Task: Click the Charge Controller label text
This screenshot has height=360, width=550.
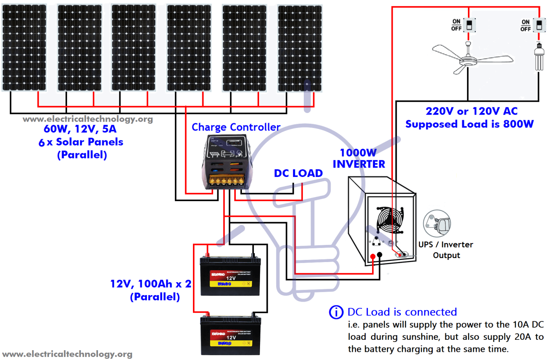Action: [236, 127]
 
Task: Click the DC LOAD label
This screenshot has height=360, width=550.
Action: [298, 174]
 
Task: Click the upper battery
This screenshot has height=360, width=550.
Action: [231, 276]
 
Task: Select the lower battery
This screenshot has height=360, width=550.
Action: [231, 336]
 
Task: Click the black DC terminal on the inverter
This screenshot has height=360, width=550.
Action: [380, 256]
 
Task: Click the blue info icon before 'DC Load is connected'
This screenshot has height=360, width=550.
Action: [336, 312]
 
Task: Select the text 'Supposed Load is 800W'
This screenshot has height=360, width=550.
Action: [469, 124]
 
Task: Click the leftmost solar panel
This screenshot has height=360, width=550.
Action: [24, 47]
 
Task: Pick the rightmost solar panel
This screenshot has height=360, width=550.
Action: [299, 48]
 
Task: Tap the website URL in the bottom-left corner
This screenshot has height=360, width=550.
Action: [67, 354]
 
